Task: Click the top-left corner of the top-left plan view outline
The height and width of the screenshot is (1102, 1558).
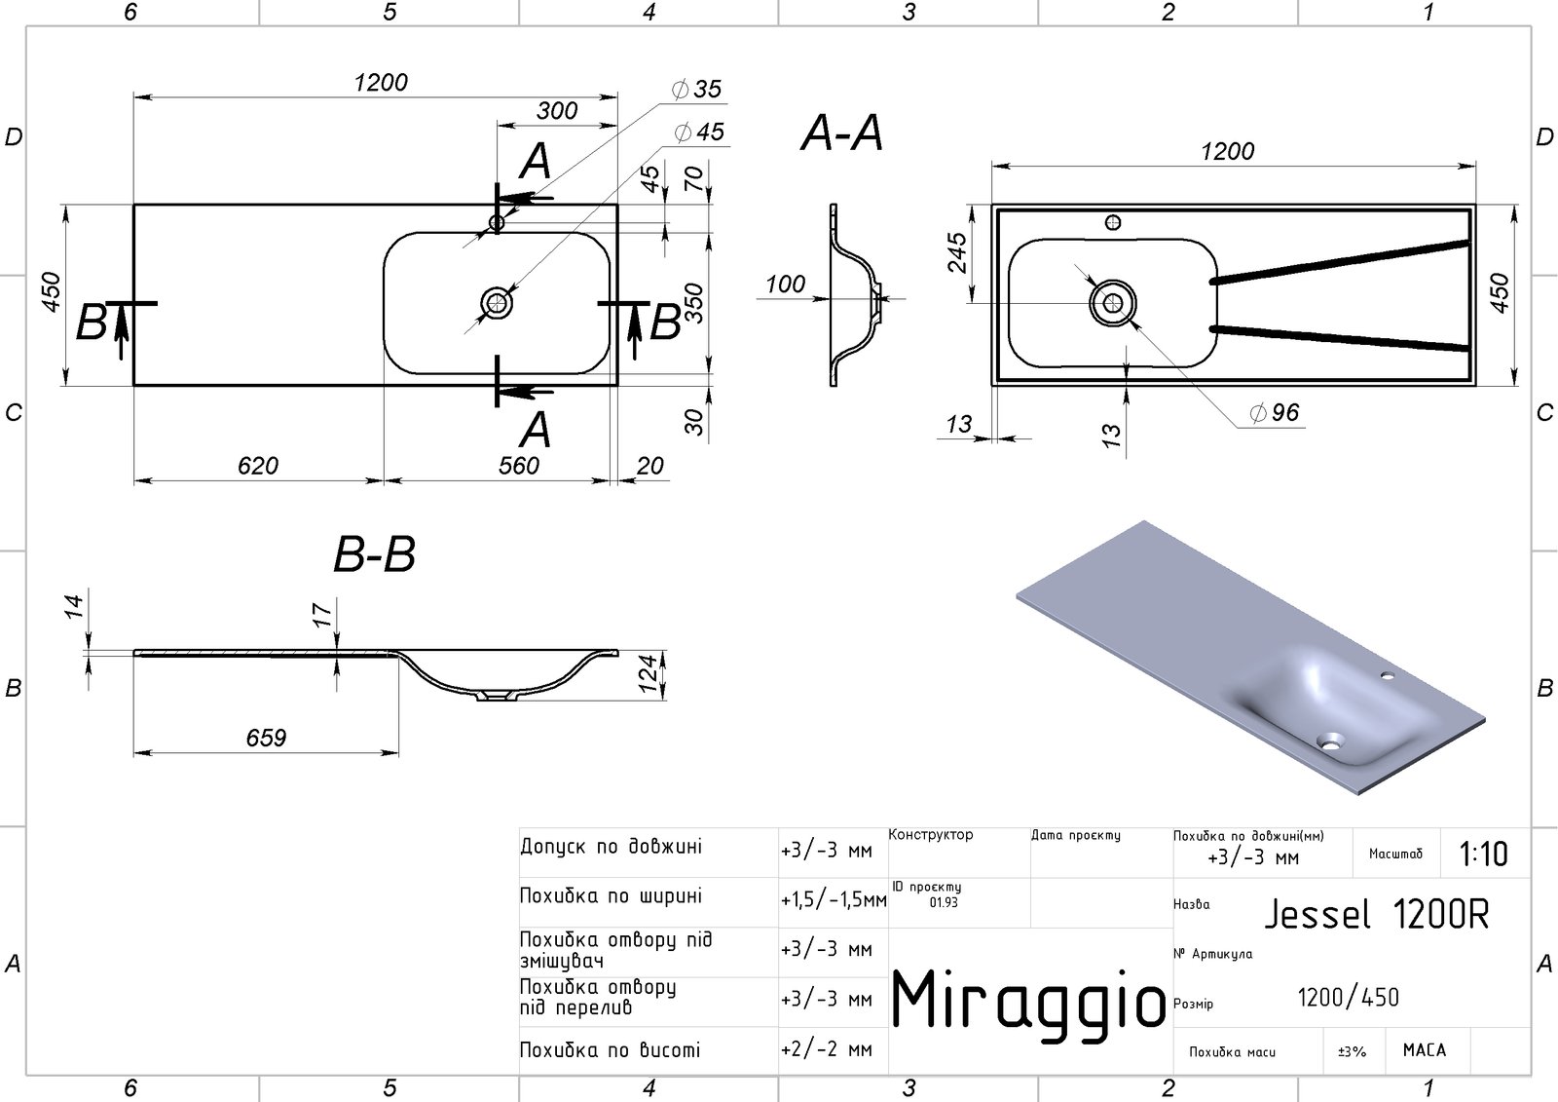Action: coord(134,205)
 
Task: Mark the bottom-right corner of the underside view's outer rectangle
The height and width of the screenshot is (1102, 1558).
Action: coord(1475,384)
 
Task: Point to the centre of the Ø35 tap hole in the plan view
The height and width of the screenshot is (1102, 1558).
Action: coord(497,223)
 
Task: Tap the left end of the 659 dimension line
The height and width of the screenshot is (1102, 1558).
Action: coord(134,752)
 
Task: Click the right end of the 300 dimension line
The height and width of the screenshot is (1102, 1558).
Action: coord(617,126)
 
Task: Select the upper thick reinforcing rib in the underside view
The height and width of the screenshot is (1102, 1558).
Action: coord(1340,261)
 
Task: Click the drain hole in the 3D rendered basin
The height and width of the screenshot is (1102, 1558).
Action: coord(1330,741)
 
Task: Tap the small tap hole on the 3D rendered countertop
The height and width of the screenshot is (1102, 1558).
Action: coord(1387,675)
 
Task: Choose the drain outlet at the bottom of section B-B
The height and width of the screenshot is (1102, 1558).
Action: coord(497,695)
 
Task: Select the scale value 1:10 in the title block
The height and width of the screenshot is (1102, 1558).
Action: coord(1484,854)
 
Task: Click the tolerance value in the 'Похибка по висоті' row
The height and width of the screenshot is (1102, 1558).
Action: coord(827,1049)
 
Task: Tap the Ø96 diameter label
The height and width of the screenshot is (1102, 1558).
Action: coord(1275,413)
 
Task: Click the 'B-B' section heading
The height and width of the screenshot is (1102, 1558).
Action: coord(374,554)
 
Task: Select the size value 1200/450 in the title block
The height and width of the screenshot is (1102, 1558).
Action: coord(1348,998)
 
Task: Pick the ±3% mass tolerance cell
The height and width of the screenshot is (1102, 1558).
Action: coord(1353,1051)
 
